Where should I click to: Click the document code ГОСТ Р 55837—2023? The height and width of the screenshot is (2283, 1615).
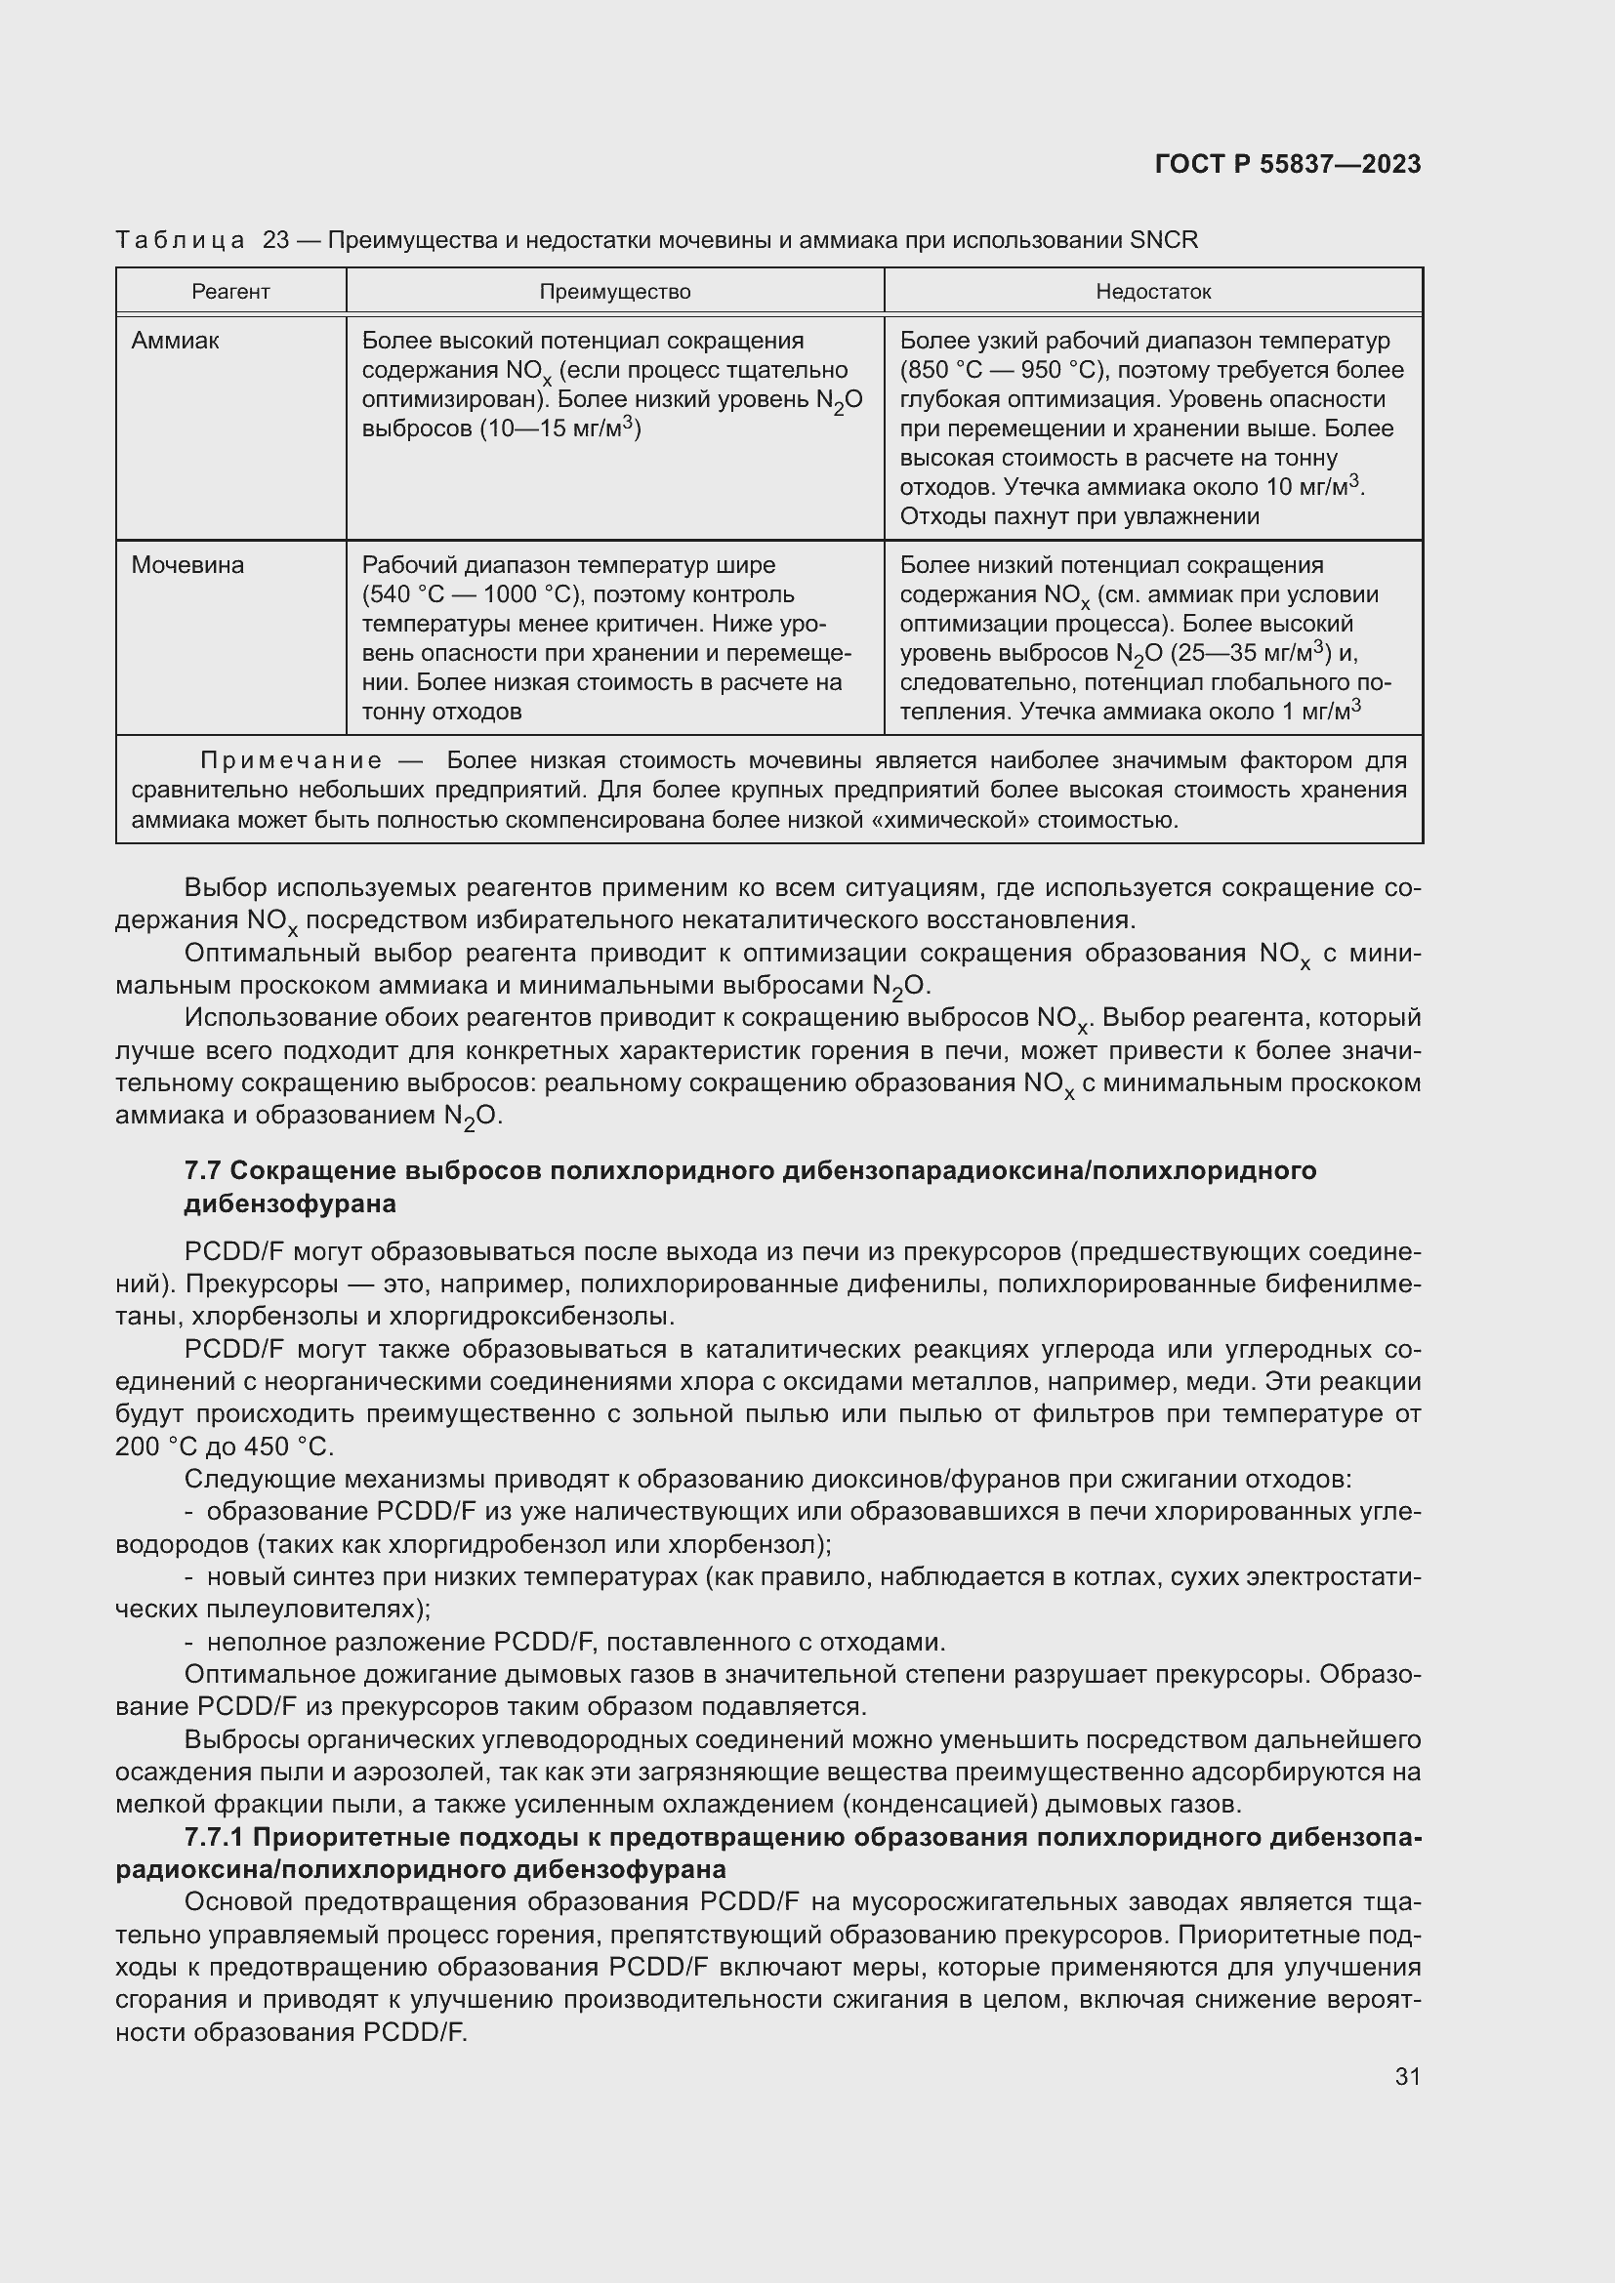1287,164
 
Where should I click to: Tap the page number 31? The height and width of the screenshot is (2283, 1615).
1407,2076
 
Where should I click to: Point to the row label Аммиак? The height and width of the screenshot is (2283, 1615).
175,341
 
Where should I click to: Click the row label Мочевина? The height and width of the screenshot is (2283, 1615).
186,565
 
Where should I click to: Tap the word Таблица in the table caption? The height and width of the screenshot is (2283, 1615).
180,240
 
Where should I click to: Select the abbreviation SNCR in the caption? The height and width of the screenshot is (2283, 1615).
1164,240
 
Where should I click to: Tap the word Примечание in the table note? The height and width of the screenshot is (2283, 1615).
291,760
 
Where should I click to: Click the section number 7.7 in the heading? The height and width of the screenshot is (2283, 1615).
203,1170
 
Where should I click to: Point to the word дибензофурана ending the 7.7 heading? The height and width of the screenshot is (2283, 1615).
289,1203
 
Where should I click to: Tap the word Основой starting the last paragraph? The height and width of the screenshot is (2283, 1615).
238,1902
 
